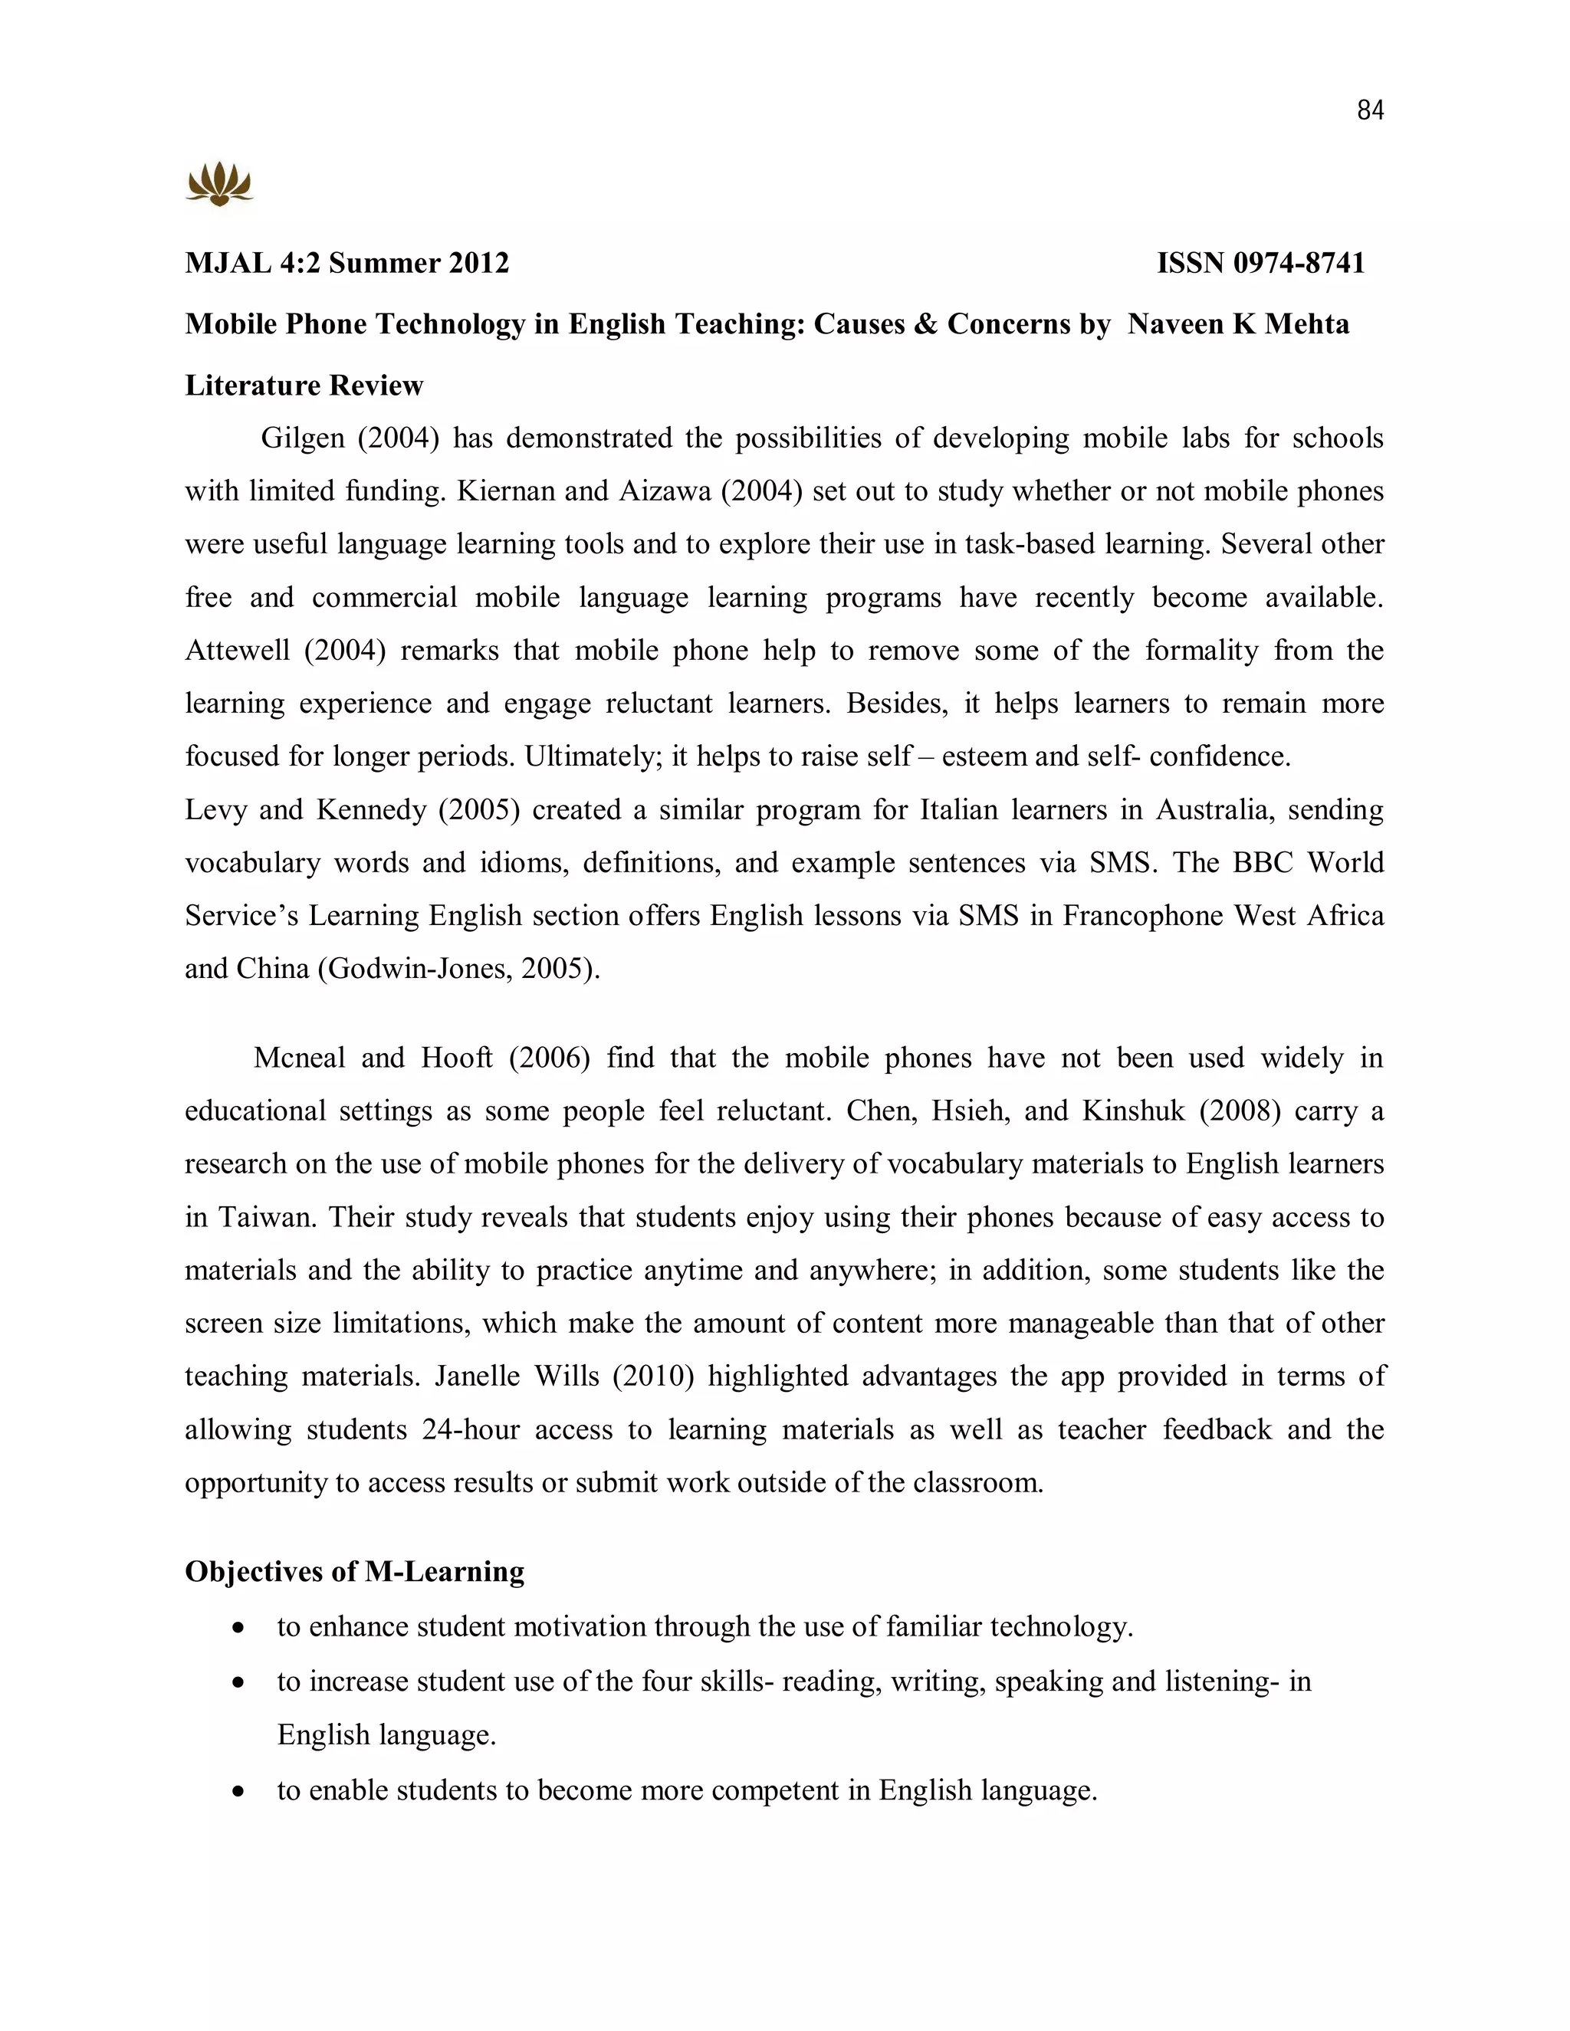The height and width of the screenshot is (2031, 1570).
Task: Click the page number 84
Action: (1370, 110)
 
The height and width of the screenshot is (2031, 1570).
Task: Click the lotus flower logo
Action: (219, 183)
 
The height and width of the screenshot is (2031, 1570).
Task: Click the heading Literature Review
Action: (304, 385)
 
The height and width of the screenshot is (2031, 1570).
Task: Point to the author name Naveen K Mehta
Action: (1238, 323)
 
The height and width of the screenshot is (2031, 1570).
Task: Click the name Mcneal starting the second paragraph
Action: (298, 1058)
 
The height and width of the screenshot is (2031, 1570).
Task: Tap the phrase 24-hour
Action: (470, 1429)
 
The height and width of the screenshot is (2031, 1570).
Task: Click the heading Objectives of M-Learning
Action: (354, 1572)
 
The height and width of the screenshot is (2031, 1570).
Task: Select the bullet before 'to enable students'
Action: (240, 1792)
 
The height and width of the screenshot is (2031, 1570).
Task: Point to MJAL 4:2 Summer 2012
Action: (347, 263)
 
